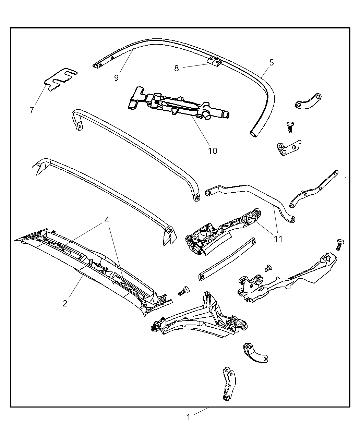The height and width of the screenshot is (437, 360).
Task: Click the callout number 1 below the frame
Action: point(188,417)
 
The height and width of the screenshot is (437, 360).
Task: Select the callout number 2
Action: point(65,303)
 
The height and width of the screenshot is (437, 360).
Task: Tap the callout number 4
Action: point(107,220)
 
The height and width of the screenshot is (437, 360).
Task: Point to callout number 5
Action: point(272,62)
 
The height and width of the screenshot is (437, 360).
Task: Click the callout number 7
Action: point(32,110)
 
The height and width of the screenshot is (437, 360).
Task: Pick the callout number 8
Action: point(177,68)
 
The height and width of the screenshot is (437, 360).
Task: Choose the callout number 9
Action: point(117,78)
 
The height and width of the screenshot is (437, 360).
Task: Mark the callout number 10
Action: point(213,151)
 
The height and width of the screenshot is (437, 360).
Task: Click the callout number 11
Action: point(278,239)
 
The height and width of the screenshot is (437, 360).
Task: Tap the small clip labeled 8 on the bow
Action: point(215,61)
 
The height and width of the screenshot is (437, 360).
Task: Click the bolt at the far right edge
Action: point(340,244)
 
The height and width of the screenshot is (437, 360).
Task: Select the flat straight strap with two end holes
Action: point(227,259)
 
